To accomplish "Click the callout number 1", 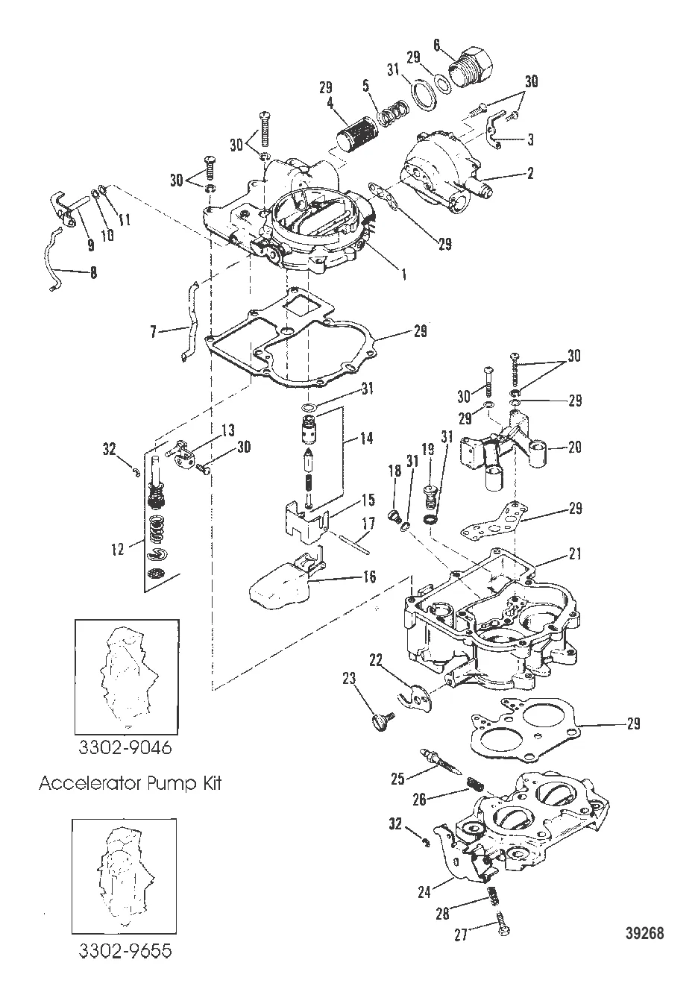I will (x=403, y=274).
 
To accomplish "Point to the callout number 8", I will (x=92, y=273).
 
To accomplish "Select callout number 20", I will (x=575, y=448).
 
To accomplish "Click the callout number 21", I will (x=574, y=554).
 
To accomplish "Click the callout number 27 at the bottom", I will (x=461, y=935).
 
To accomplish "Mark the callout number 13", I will (x=228, y=431).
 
